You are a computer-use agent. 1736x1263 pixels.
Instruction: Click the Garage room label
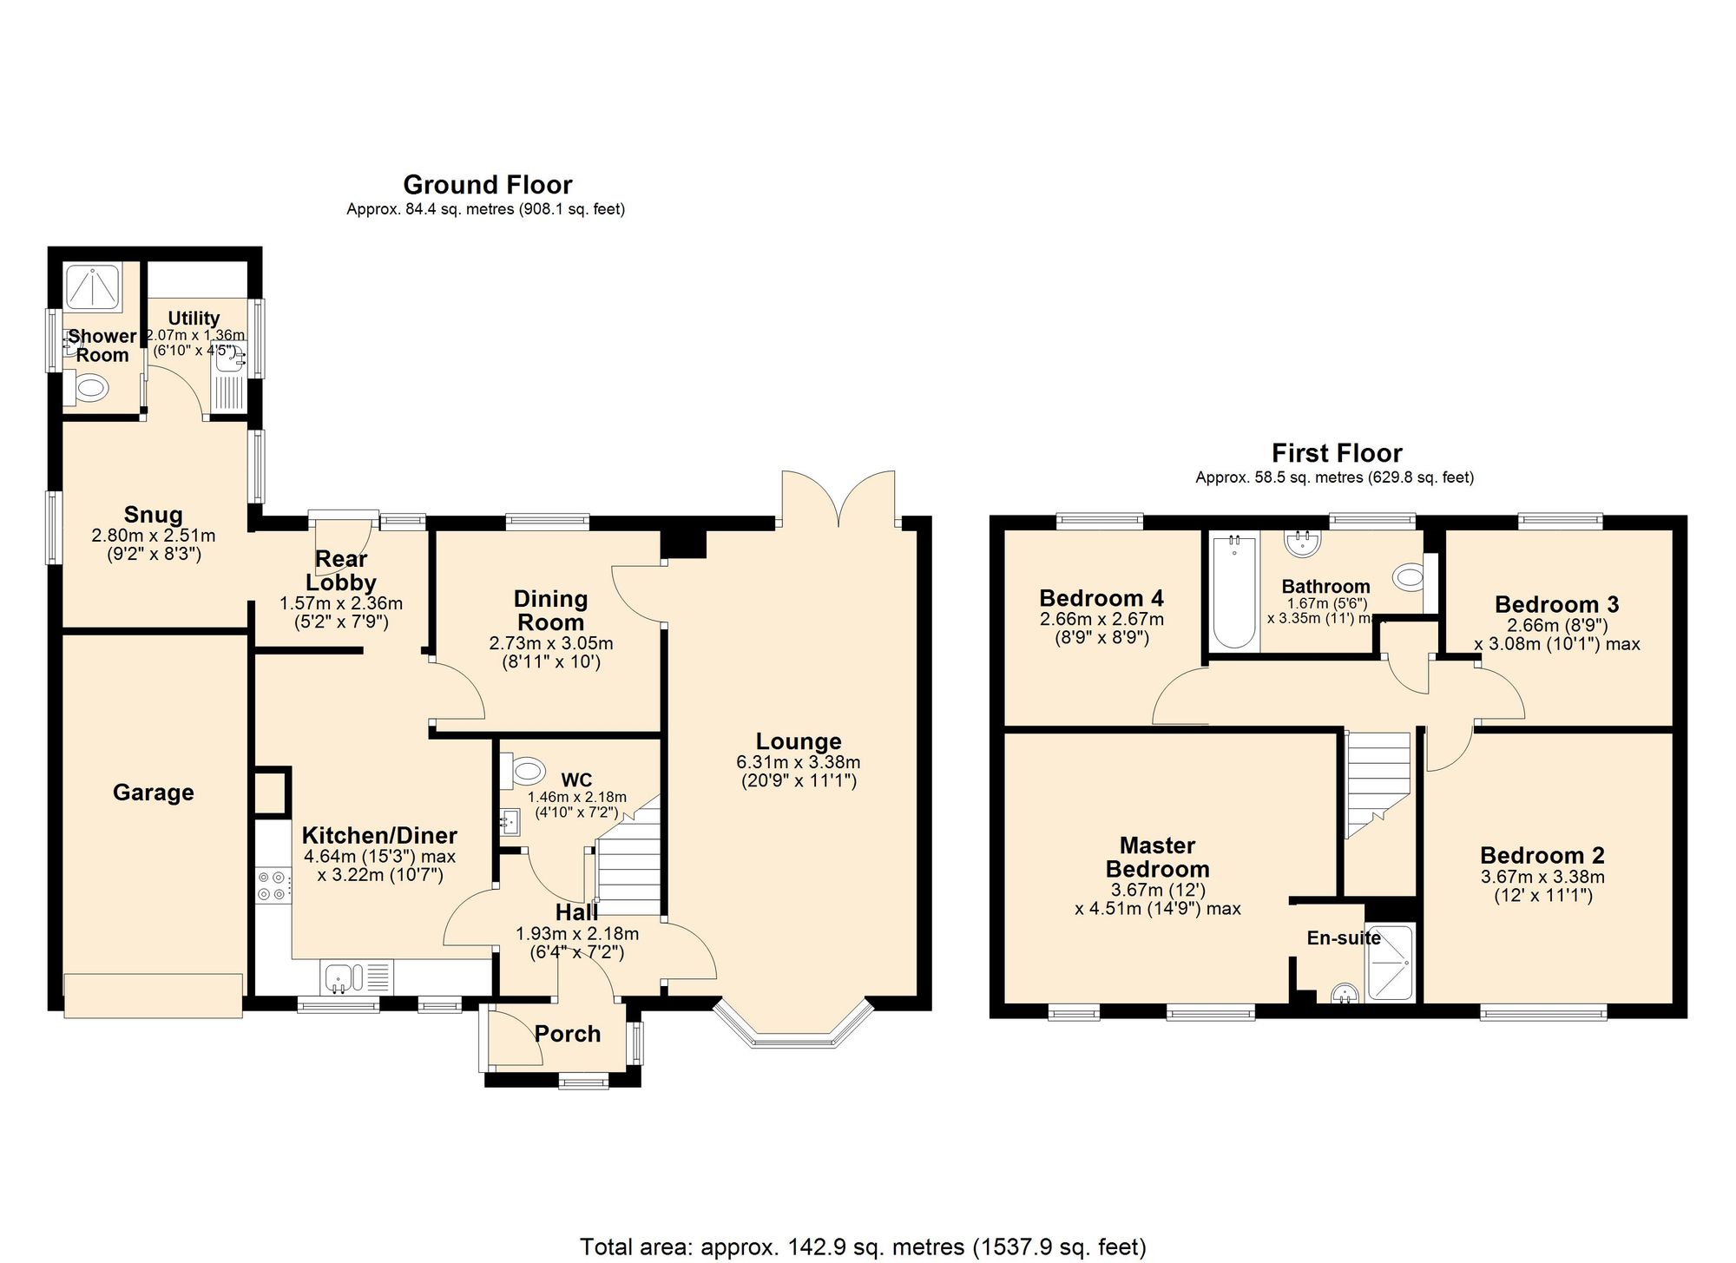tap(154, 792)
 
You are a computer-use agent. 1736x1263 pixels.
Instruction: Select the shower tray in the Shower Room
tap(92, 286)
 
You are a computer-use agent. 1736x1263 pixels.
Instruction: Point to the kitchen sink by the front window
tap(344, 977)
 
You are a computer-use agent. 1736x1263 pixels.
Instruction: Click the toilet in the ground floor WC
tap(524, 769)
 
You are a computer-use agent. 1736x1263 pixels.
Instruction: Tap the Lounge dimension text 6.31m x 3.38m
tap(798, 762)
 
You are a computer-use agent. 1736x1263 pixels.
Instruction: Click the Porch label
tap(567, 1033)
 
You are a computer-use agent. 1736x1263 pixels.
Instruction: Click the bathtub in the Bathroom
tap(1234, 592)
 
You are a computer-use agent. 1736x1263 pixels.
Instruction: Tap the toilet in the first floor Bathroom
tap(1408, 576)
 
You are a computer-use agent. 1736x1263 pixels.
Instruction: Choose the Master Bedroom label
tap(1157, 857)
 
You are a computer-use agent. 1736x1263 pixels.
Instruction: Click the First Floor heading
tap(1336, 452)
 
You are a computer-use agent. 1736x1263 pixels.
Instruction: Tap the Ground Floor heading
tap(487, 184)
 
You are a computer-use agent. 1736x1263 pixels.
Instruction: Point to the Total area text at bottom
tap(862, 1247)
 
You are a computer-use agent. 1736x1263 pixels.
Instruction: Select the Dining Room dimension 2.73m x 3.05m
tap(550, 643)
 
